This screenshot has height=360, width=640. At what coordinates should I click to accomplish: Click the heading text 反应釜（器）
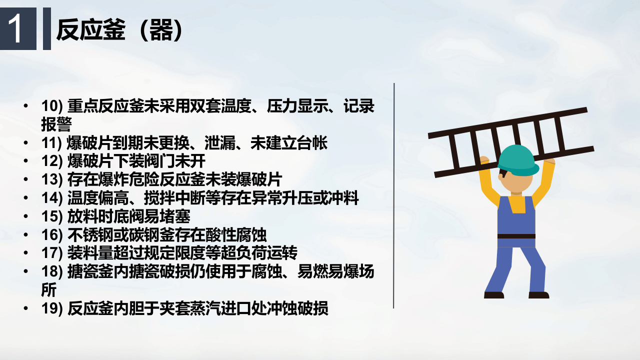[x=119, y=30]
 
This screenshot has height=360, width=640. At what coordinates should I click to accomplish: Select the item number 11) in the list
[x=51, y=143]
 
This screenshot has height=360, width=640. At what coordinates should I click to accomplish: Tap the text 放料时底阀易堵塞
[x=129, y=216]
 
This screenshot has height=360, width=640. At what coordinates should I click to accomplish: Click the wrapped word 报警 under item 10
[x=56, y=124]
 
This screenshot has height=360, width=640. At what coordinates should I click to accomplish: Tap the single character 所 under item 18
[x=48, y=289]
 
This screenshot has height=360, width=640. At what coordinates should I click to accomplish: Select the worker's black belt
[x=516, y=236]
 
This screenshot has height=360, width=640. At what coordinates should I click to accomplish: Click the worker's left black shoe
[x=493, y=295]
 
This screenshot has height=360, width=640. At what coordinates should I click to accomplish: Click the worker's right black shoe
[x=538, y=295]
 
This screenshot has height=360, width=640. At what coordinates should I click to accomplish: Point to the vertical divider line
[x=394, y=195]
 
